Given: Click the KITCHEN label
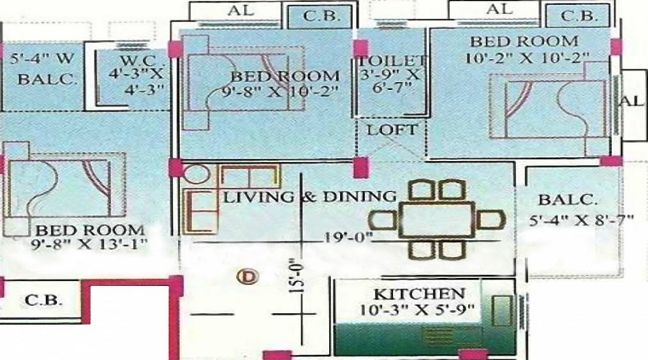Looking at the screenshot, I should pyautogui.click(x=418, y=294).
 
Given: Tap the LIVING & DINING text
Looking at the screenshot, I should pyautogui.click(x=309, y=196).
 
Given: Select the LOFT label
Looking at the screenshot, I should pyautogui.click(x=392, y=130).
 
